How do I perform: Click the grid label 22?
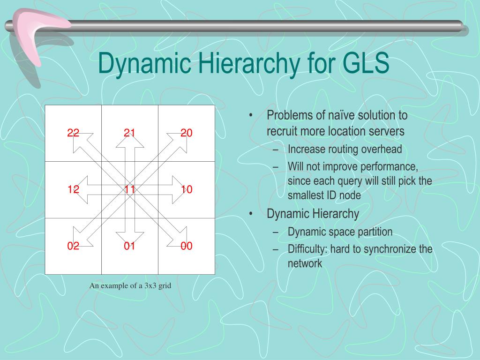(x=73, y=133)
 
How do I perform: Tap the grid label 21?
(x=130, y=133)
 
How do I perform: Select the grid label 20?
(x=187, y=133)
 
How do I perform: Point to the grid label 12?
(x=73, y=190)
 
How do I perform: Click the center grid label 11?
(x=130, y=190)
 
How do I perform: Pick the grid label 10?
(x=187, y=190)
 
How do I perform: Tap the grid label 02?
(x=73, y=246)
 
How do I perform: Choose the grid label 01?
(x=130, y=246)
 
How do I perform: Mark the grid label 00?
(x=187, y=246)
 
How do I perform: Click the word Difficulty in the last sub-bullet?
(x=307, y=249)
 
